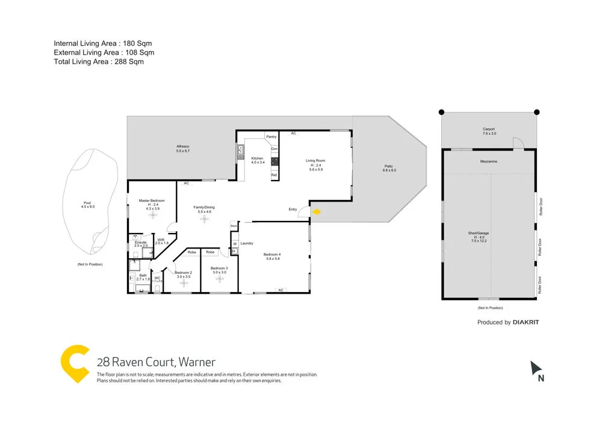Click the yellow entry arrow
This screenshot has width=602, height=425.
[315, 211]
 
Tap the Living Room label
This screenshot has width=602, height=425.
[315, 161]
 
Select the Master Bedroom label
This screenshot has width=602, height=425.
[152, 200]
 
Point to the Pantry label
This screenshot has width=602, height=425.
[272, 137]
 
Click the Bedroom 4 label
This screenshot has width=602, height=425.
[272, 255]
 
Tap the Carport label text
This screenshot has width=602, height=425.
[488, 129]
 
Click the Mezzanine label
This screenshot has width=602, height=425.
[489, 161]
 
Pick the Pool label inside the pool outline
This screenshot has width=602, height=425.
[88, 203]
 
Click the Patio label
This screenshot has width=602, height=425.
[389, 167]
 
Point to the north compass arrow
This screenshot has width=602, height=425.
[536, 368]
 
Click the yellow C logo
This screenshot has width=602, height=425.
[75, 364]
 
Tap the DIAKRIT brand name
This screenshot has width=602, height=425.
[526, 323]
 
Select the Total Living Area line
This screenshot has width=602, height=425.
[99, 61]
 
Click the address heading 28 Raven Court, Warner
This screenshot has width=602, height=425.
[156, 362]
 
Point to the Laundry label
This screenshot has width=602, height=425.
[247, 243]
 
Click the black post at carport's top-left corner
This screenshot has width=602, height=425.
[441, 111]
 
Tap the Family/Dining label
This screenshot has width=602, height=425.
[203, 208]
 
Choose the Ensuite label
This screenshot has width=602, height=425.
[141, 242]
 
